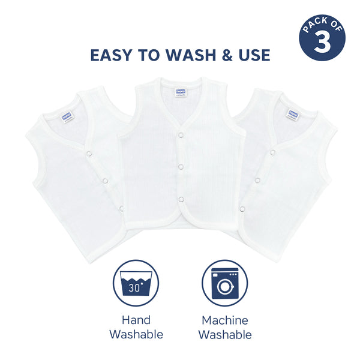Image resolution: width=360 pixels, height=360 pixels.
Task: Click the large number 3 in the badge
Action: tap(323, 44)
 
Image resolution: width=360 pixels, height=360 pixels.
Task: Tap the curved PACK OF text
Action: tap(322, 26)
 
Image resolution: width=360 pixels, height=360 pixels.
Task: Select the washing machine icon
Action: tap(224, 283)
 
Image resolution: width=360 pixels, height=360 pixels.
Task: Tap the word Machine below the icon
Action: tap(224, 320)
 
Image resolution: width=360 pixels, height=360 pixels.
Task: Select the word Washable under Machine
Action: tap(224, 334)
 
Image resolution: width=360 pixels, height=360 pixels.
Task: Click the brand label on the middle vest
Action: tap(179, 91)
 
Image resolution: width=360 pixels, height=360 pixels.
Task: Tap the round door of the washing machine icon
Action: tap(224, 287)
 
